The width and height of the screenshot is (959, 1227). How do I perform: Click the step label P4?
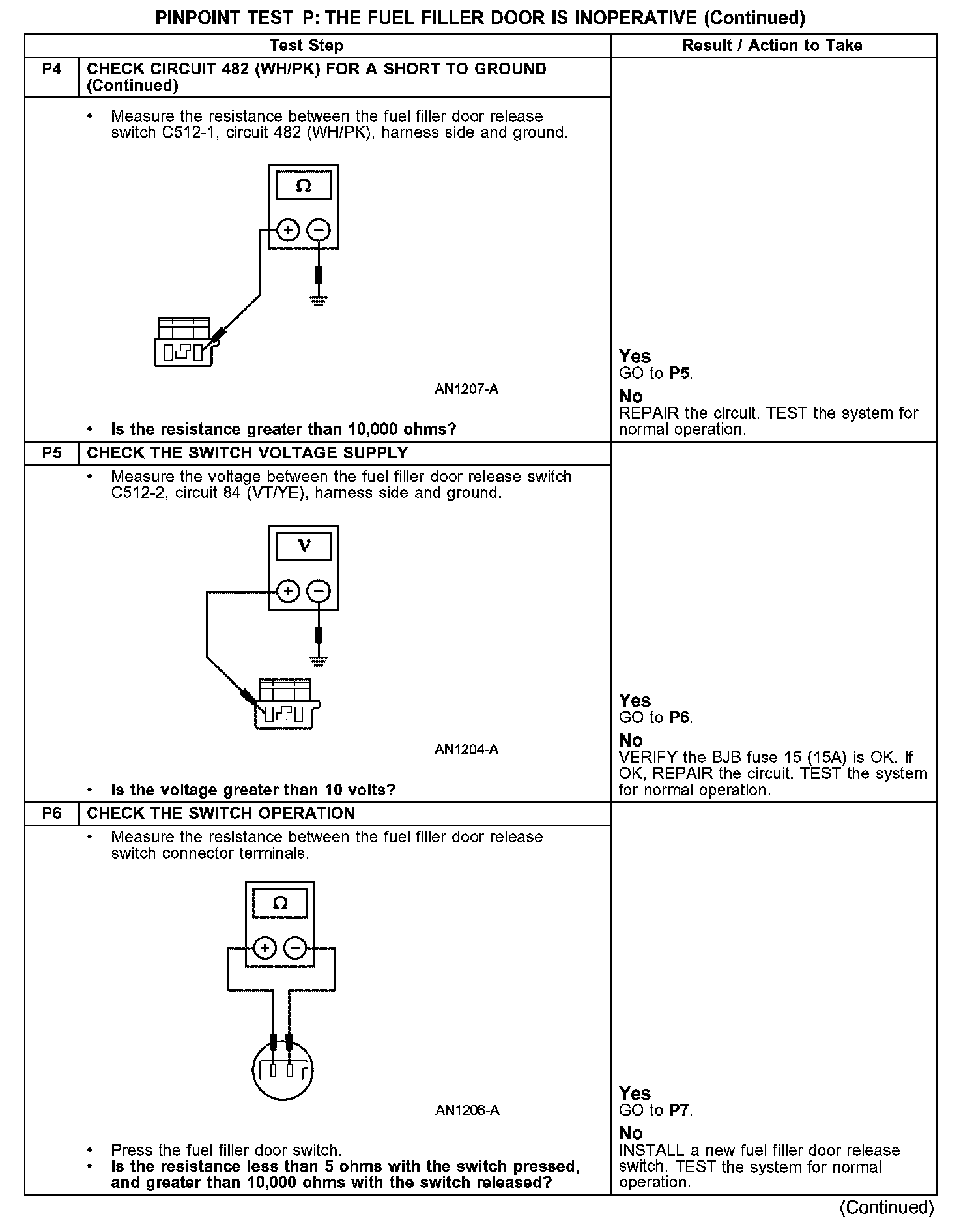(51, 69)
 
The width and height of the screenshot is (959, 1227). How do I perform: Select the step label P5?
(51, 453)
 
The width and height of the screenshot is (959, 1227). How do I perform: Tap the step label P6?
(51, 814)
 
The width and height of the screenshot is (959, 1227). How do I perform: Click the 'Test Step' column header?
(306, 46)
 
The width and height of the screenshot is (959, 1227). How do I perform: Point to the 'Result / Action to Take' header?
(772, 46)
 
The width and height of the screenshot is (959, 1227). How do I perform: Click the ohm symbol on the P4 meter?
(304, 187)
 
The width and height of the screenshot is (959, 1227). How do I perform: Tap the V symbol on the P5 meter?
(304, 546)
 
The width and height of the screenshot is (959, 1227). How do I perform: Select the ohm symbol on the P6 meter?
(280, 904)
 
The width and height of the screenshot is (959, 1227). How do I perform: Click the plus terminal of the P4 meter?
(288, 230)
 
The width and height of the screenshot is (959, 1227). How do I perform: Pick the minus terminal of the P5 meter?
(319, 591)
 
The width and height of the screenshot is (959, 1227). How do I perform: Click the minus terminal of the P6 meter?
(295, 948)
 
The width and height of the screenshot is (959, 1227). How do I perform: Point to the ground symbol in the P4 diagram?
(319, 301)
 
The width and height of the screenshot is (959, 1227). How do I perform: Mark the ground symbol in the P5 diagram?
(319, 661)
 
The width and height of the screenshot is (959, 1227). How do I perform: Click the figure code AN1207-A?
(466, 390)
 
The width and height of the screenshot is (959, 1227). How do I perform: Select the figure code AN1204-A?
(466, 750)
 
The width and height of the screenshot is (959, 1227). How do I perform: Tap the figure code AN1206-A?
(467, 1110)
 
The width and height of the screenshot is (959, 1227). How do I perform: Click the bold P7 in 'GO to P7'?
(680, 1110)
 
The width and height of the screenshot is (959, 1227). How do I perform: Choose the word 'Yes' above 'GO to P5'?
(635, 357)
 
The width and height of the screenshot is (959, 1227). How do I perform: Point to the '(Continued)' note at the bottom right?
(887, 1207)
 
